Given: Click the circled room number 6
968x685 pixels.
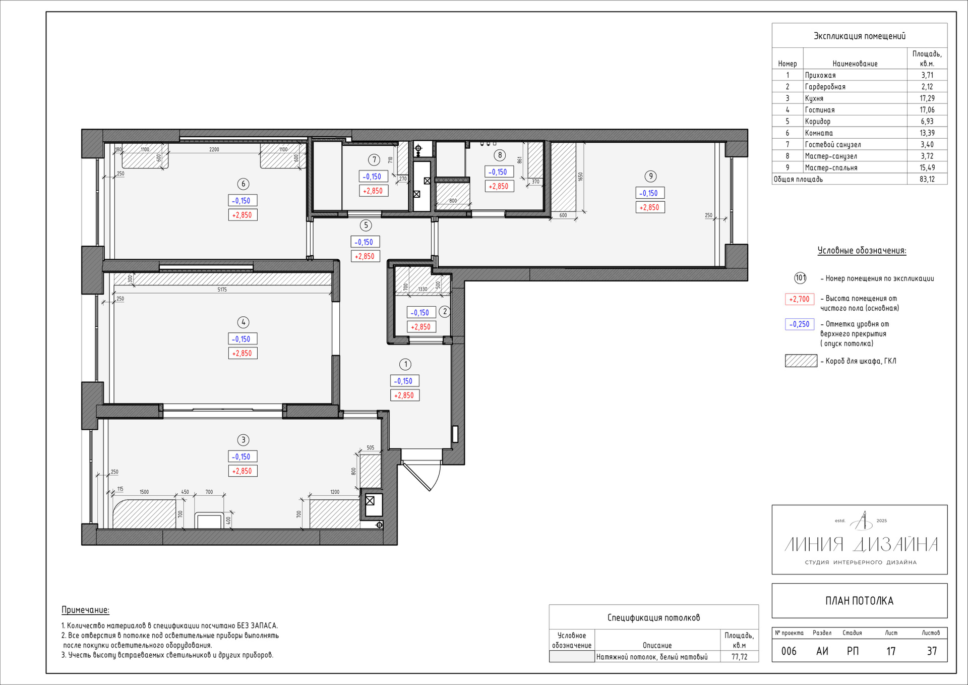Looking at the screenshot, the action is [x=243, y=184].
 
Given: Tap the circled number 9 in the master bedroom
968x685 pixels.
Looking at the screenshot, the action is [x=650, y=176].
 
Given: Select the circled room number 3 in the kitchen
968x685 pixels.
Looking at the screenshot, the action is [x=243, y=440].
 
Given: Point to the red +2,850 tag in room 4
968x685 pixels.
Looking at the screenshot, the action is [x=243, y=353].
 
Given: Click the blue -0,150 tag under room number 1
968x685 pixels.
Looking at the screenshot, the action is [x=405, y=381].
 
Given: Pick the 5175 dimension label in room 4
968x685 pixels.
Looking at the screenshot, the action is [x=222, y=290].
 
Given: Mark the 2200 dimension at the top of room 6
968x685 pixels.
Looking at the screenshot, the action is [x=214, y=149].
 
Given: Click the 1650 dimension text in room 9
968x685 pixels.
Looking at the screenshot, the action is [x=580, y=177].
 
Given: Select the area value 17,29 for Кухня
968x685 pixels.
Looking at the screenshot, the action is [x=927, y=98].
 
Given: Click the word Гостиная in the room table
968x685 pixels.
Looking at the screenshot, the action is [x=820, y=109].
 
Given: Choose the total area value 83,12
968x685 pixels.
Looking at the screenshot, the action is [x=927, y=179].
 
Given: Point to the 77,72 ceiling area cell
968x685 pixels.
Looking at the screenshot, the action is [x=739, y=657].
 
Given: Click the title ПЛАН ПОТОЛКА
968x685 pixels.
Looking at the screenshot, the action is [x=859, y=601].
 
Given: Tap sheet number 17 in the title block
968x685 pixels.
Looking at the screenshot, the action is [x=891, y=651].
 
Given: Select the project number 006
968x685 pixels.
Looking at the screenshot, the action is [x=789, y=651].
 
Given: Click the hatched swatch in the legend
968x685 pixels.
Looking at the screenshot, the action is [x=801, y=361].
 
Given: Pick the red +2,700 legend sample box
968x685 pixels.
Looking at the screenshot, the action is [x=799, y=299].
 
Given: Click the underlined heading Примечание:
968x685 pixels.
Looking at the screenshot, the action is [x=85, y=610].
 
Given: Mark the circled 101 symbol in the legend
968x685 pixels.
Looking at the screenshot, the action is [x=800, y=278].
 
